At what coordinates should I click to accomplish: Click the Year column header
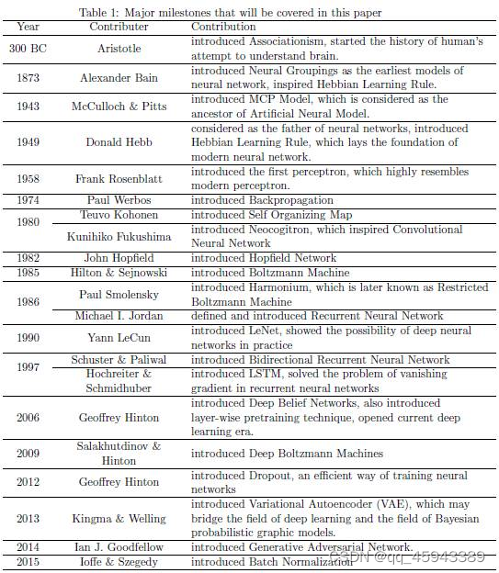[x=28, y=28]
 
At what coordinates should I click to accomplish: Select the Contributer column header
[x=119, y=28]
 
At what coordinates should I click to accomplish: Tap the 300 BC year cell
[x=28, y=49]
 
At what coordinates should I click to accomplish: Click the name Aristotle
[x=119, y=49]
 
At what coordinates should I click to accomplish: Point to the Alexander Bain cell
[x=119, y=78]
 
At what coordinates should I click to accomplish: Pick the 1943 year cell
[x=28, y=107]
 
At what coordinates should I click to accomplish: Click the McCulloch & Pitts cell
[x=119, y=107]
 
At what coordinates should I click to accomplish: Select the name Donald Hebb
[x=119, y=143]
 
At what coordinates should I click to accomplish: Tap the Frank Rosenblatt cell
[x=119, y=179]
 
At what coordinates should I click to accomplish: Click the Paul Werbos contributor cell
[x=119, y=200]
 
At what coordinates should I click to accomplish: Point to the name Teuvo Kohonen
[x=119, y=215]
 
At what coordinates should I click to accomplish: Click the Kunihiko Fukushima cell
[x=119, y=236]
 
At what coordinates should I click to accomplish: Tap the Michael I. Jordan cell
[x=119, y=316]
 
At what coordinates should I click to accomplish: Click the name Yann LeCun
[x=119, y=338]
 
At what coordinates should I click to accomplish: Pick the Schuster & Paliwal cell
[x=119, y=360]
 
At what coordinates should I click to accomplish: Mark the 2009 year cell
[x=28, y=454]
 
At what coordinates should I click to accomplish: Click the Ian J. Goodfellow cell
[x=119, y=547]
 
